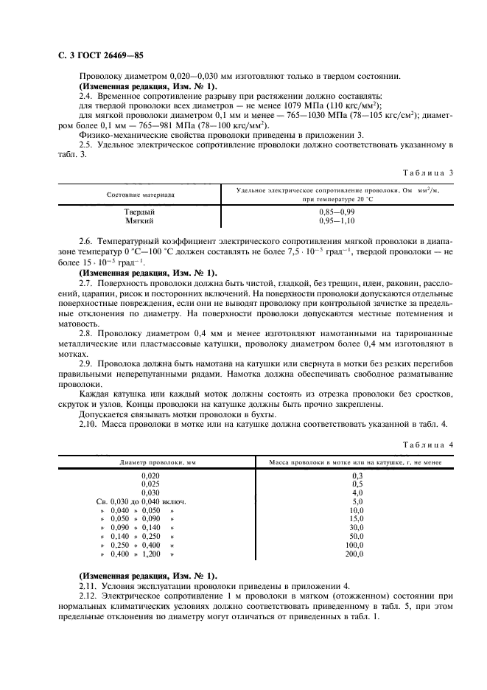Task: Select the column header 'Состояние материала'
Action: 140,195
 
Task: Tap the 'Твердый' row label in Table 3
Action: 139,212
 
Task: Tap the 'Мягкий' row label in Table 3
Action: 139,220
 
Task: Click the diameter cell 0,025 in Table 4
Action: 150,484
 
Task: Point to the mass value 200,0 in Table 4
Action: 354,554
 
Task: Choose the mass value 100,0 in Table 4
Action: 354,545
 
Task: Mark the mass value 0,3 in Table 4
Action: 357,475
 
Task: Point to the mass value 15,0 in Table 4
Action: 356,519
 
